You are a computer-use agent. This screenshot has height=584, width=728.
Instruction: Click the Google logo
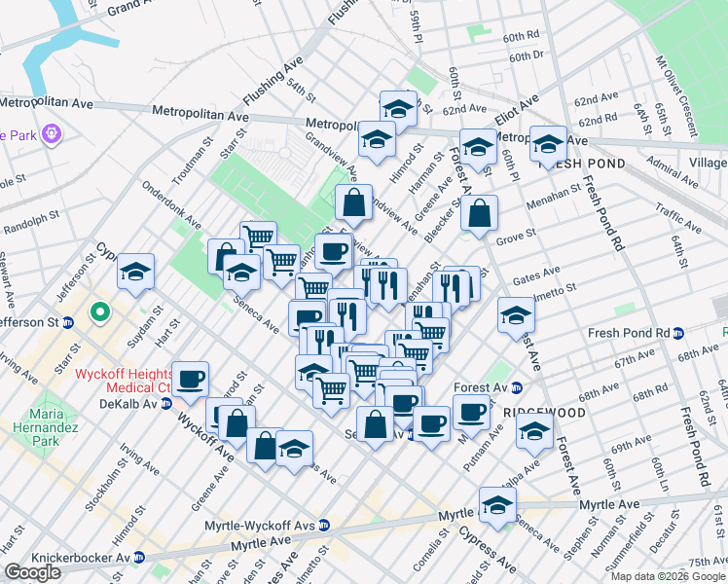32,572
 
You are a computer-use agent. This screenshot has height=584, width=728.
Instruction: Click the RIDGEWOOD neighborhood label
545,413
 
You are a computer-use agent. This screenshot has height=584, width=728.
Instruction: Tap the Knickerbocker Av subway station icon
139,558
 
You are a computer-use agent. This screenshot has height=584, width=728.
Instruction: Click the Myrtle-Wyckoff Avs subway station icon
324,526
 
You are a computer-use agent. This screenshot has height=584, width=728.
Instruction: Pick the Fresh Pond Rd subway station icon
678,333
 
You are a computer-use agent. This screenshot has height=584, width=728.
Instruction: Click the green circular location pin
98,313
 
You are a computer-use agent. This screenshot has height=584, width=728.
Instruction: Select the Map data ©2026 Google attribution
668,576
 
